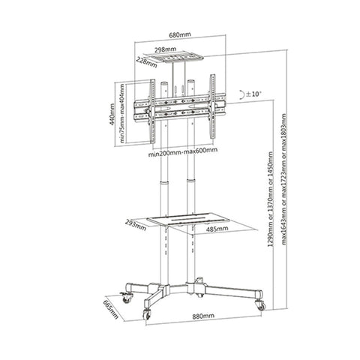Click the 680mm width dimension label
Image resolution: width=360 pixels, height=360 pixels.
point(179,34)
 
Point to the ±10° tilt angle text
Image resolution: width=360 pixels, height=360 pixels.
point(250,94)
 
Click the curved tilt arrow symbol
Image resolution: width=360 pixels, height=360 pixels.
point(238,94)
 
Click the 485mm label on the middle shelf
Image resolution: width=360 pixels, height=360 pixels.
point(217,229)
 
